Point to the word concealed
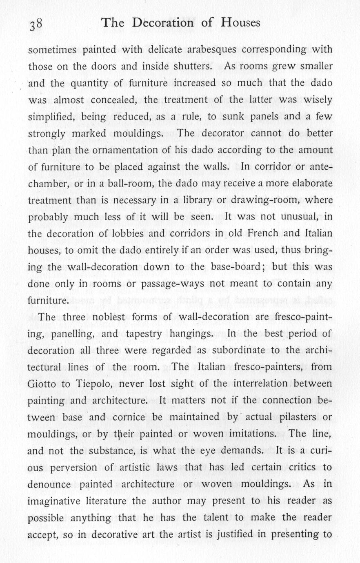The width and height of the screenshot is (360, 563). coord(112,100)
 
